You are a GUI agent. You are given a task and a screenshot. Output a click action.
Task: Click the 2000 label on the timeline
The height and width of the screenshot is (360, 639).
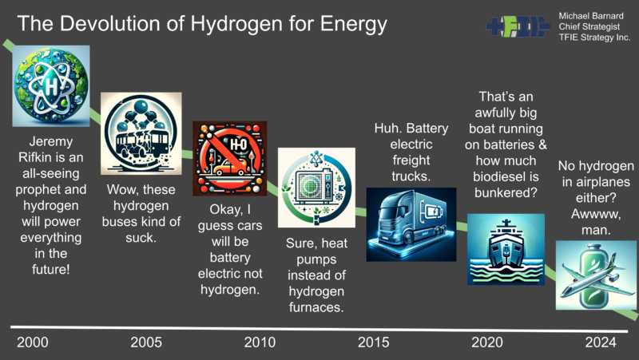(33, 342)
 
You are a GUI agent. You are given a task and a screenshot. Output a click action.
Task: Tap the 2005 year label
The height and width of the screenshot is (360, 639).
(146, 342)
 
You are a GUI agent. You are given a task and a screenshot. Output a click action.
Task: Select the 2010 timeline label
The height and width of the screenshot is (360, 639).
(260, 342)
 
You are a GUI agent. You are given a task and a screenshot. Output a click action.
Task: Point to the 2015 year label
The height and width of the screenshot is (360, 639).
(373, 342)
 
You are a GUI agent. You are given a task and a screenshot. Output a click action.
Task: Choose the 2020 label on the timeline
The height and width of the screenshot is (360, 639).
(487, 342)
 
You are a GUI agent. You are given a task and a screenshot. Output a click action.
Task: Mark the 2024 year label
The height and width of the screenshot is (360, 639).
(601, 342)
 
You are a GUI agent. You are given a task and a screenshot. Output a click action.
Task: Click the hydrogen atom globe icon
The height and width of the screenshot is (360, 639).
(51, 86)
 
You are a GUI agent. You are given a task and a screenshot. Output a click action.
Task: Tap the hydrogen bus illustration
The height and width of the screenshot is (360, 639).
(141, 133)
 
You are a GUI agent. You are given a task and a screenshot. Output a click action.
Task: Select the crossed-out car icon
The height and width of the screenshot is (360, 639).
(230, 158)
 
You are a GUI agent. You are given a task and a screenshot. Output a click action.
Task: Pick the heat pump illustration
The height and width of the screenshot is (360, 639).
(316, 188)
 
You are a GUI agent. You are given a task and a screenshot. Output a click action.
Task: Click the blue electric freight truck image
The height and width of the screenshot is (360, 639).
(411, 224)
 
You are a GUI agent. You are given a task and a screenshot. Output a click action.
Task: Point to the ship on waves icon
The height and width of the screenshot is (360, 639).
(506, 249)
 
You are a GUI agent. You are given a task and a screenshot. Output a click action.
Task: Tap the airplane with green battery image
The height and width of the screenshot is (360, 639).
(596, 275)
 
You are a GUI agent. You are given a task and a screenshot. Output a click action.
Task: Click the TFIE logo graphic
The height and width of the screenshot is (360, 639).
(518, 27)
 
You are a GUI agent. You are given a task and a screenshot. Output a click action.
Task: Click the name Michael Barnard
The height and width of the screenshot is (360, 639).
(591, 16)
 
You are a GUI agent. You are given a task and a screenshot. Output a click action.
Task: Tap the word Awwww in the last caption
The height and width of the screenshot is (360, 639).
(596, 214)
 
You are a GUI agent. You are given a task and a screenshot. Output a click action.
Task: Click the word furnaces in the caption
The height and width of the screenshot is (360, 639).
(316, 307)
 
